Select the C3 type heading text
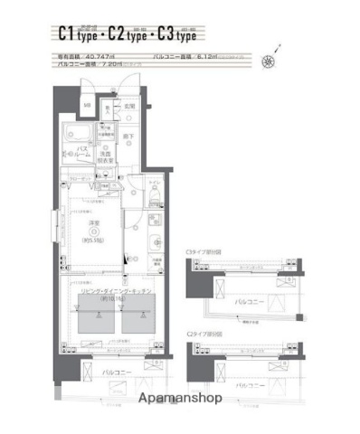pos(174,34)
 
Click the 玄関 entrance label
pos(129,107)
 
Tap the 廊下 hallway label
pos(128,137)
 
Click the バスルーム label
pos(81,150)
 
